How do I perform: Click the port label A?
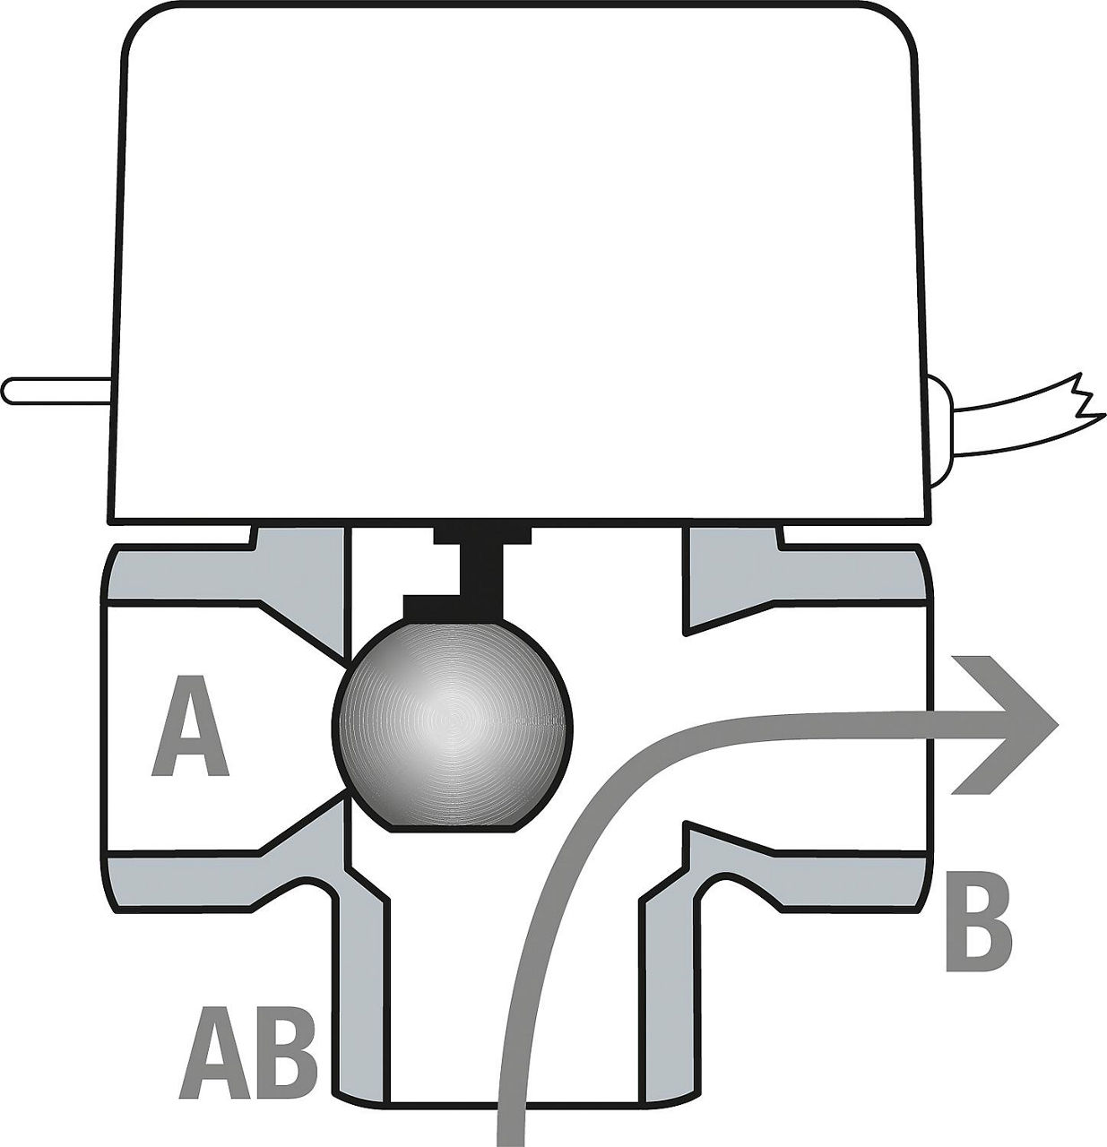tap(190, 726)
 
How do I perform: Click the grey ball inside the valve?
tap(452, 722)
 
